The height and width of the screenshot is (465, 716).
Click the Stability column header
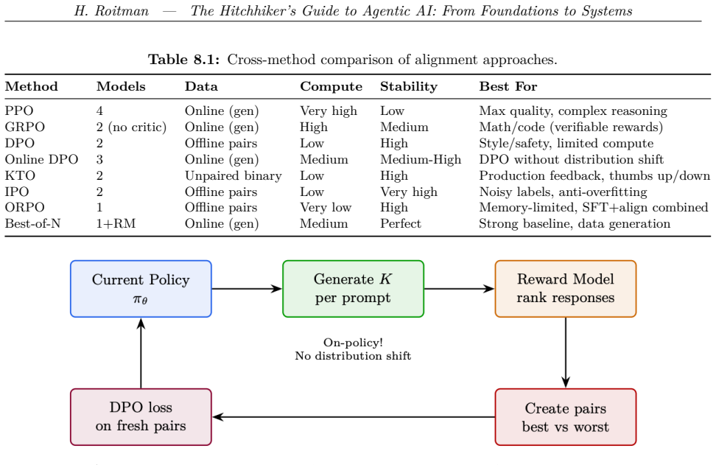coord(409,87)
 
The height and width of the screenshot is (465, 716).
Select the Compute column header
coord(331,87)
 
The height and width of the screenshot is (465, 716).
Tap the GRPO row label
coord(24,127)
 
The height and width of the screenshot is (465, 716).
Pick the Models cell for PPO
coord(99,111)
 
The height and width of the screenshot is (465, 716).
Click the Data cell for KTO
coord(234,176)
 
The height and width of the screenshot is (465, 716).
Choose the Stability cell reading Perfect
coord(401,224)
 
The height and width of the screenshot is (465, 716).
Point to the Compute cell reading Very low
coord(326,208)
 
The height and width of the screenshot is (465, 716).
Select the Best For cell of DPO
coord(566,144)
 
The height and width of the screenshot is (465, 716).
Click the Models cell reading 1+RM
coord(116,224)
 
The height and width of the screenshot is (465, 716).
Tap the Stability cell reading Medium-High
coord(421,159)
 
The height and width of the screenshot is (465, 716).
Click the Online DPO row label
coord(41,159)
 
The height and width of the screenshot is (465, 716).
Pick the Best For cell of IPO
coord(563,192)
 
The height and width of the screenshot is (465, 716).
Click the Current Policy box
coord(141,289)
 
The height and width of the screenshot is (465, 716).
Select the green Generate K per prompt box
coord(353,289)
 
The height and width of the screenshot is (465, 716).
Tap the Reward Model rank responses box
coord(565,289)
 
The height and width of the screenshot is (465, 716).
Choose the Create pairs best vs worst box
coord(565,417)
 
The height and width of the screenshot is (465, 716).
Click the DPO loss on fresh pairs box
coord(141,417)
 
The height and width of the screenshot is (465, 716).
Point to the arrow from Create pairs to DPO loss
coord(354,417)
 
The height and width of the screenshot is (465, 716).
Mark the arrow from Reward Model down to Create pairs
coord(566,353)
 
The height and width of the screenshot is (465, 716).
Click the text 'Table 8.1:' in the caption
coord(184,60)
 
